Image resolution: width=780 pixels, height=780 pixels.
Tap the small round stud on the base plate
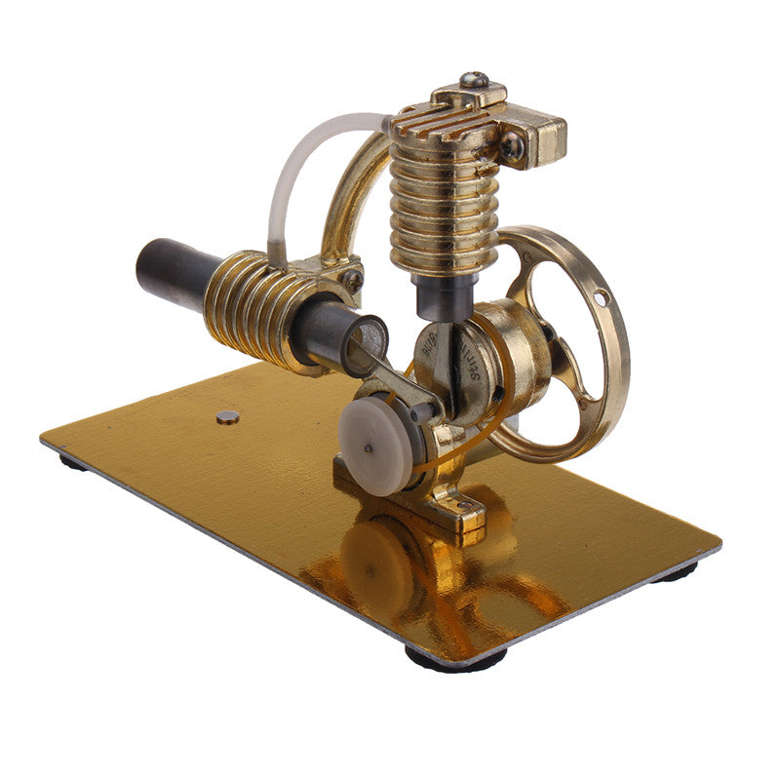227,417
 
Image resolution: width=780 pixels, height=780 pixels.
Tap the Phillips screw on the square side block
511,147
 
